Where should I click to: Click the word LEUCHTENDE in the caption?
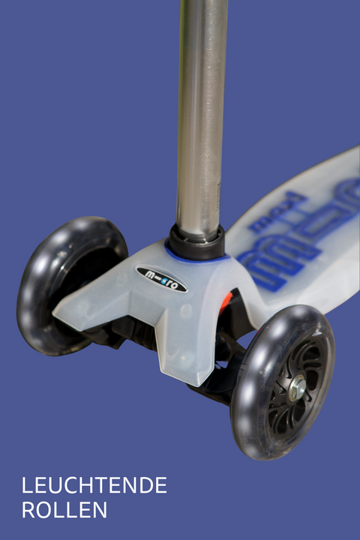coord(94,485)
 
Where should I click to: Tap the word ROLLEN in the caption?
coord(64,510)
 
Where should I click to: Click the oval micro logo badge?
coord(162,279)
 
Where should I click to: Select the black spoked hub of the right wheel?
coord(294,389)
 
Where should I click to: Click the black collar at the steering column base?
coord(196,243)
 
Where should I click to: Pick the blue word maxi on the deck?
coord(277,212)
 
